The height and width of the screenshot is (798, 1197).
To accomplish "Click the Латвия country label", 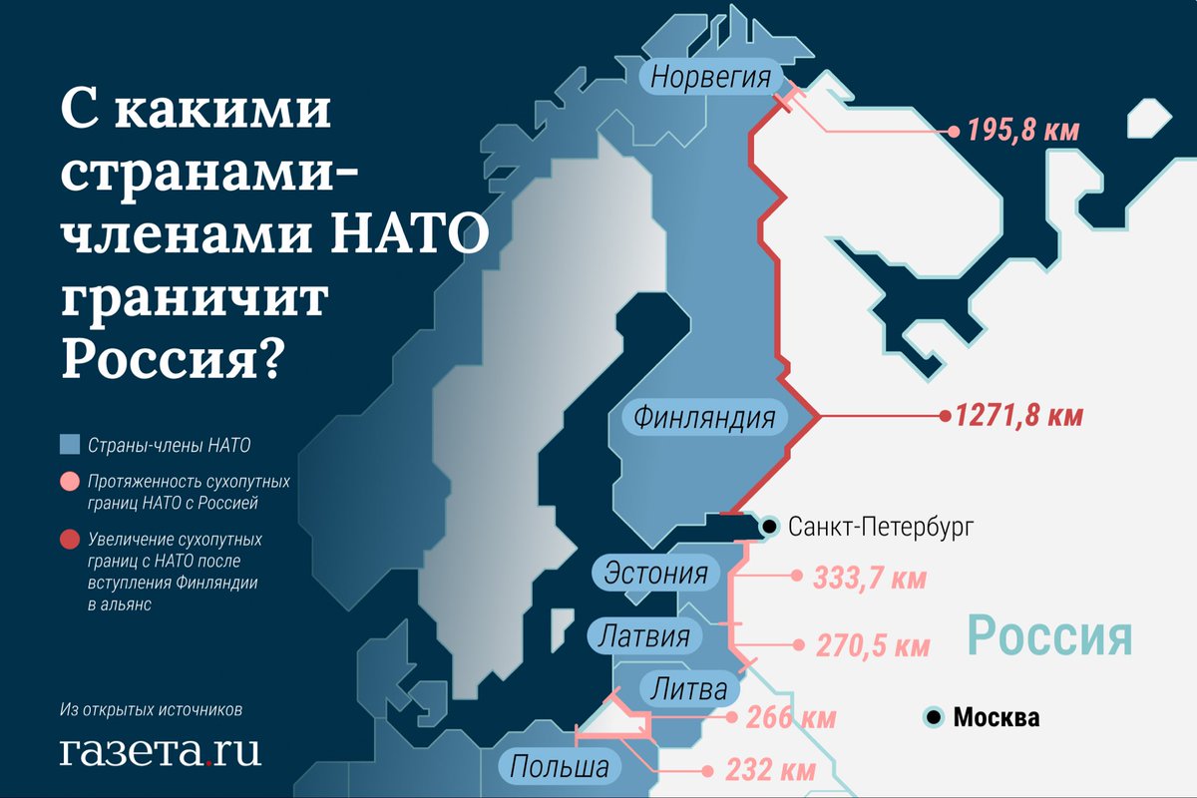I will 645,635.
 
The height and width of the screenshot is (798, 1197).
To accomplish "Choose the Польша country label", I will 560,767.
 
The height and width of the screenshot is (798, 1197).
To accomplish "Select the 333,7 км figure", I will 870,577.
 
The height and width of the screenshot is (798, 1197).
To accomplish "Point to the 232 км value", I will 772,770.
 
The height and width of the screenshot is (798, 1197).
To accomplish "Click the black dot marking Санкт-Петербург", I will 770,526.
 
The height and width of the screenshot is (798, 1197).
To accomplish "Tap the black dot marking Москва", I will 935,716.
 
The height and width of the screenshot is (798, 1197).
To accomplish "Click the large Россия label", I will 1050,635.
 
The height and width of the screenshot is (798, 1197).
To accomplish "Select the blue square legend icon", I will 69,444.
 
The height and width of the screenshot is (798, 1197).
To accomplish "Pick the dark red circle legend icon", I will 69,540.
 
